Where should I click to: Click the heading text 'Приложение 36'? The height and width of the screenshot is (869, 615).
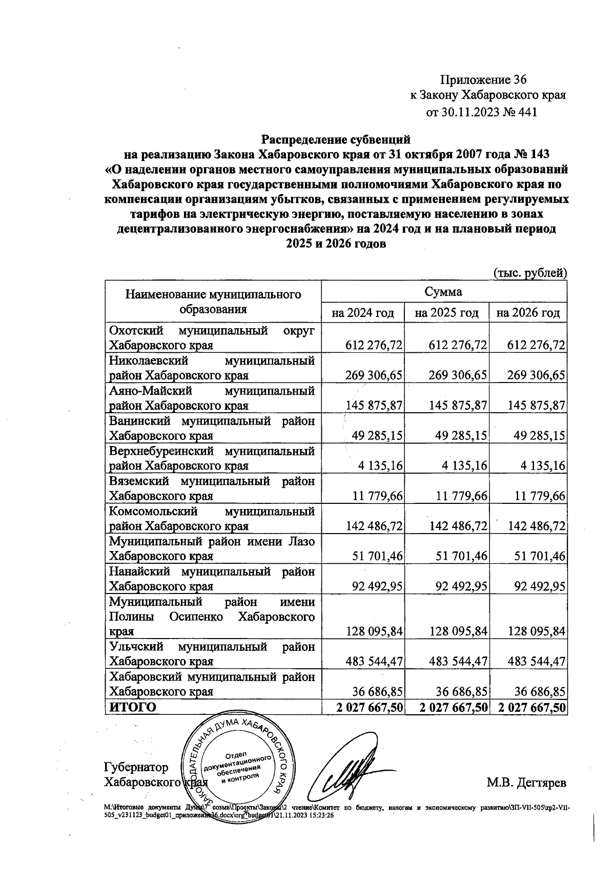coord(483,80)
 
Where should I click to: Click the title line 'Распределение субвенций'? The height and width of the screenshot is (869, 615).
coord(336,139)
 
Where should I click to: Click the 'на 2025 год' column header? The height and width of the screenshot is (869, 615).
coord(446,312)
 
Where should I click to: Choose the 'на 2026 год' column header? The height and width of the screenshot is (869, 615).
coord(528,312)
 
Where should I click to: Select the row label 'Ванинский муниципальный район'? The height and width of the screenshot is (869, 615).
coord(212,421)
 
